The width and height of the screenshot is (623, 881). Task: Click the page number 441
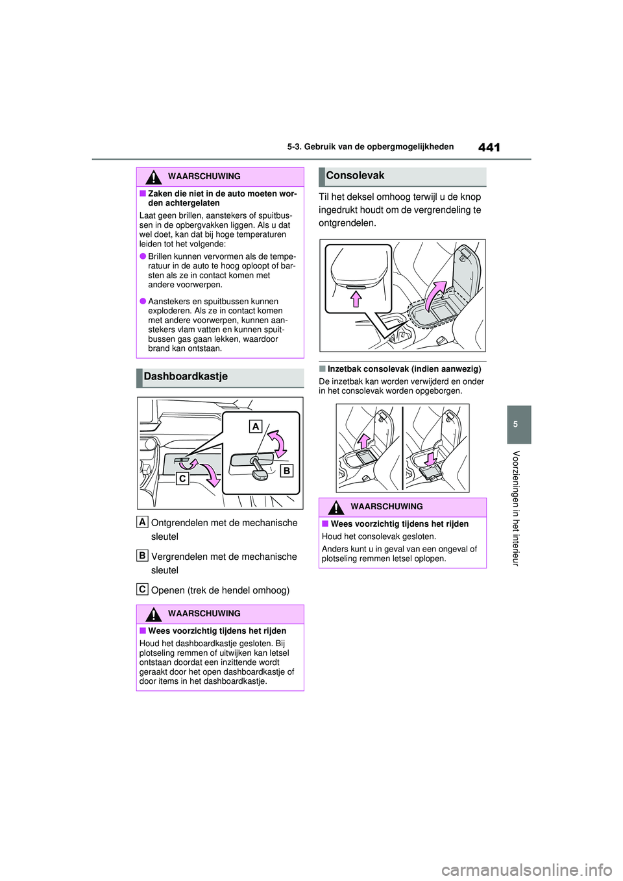489,147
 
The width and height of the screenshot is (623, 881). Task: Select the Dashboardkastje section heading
186,377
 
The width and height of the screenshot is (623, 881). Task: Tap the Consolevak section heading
355,176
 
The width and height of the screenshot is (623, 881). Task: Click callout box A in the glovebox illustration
256,426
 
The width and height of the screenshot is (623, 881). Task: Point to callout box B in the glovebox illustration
286,470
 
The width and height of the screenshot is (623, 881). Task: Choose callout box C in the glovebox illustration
182,478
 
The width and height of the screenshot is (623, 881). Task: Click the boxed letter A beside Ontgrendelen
142,522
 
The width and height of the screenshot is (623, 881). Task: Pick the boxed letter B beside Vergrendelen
142,555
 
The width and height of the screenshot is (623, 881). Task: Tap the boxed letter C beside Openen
142,589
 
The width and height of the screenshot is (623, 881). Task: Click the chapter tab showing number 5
515,424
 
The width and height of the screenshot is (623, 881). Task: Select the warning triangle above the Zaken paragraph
153,176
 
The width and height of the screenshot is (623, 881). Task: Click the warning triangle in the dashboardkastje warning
153,614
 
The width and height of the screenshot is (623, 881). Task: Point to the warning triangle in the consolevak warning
336,507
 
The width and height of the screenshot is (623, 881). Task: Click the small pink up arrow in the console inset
356,298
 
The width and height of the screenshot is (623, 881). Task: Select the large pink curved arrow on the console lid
435,295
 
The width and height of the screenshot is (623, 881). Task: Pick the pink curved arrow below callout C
211,475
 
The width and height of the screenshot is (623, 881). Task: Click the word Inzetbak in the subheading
345,369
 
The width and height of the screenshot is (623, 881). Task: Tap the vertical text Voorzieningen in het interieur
516,508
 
